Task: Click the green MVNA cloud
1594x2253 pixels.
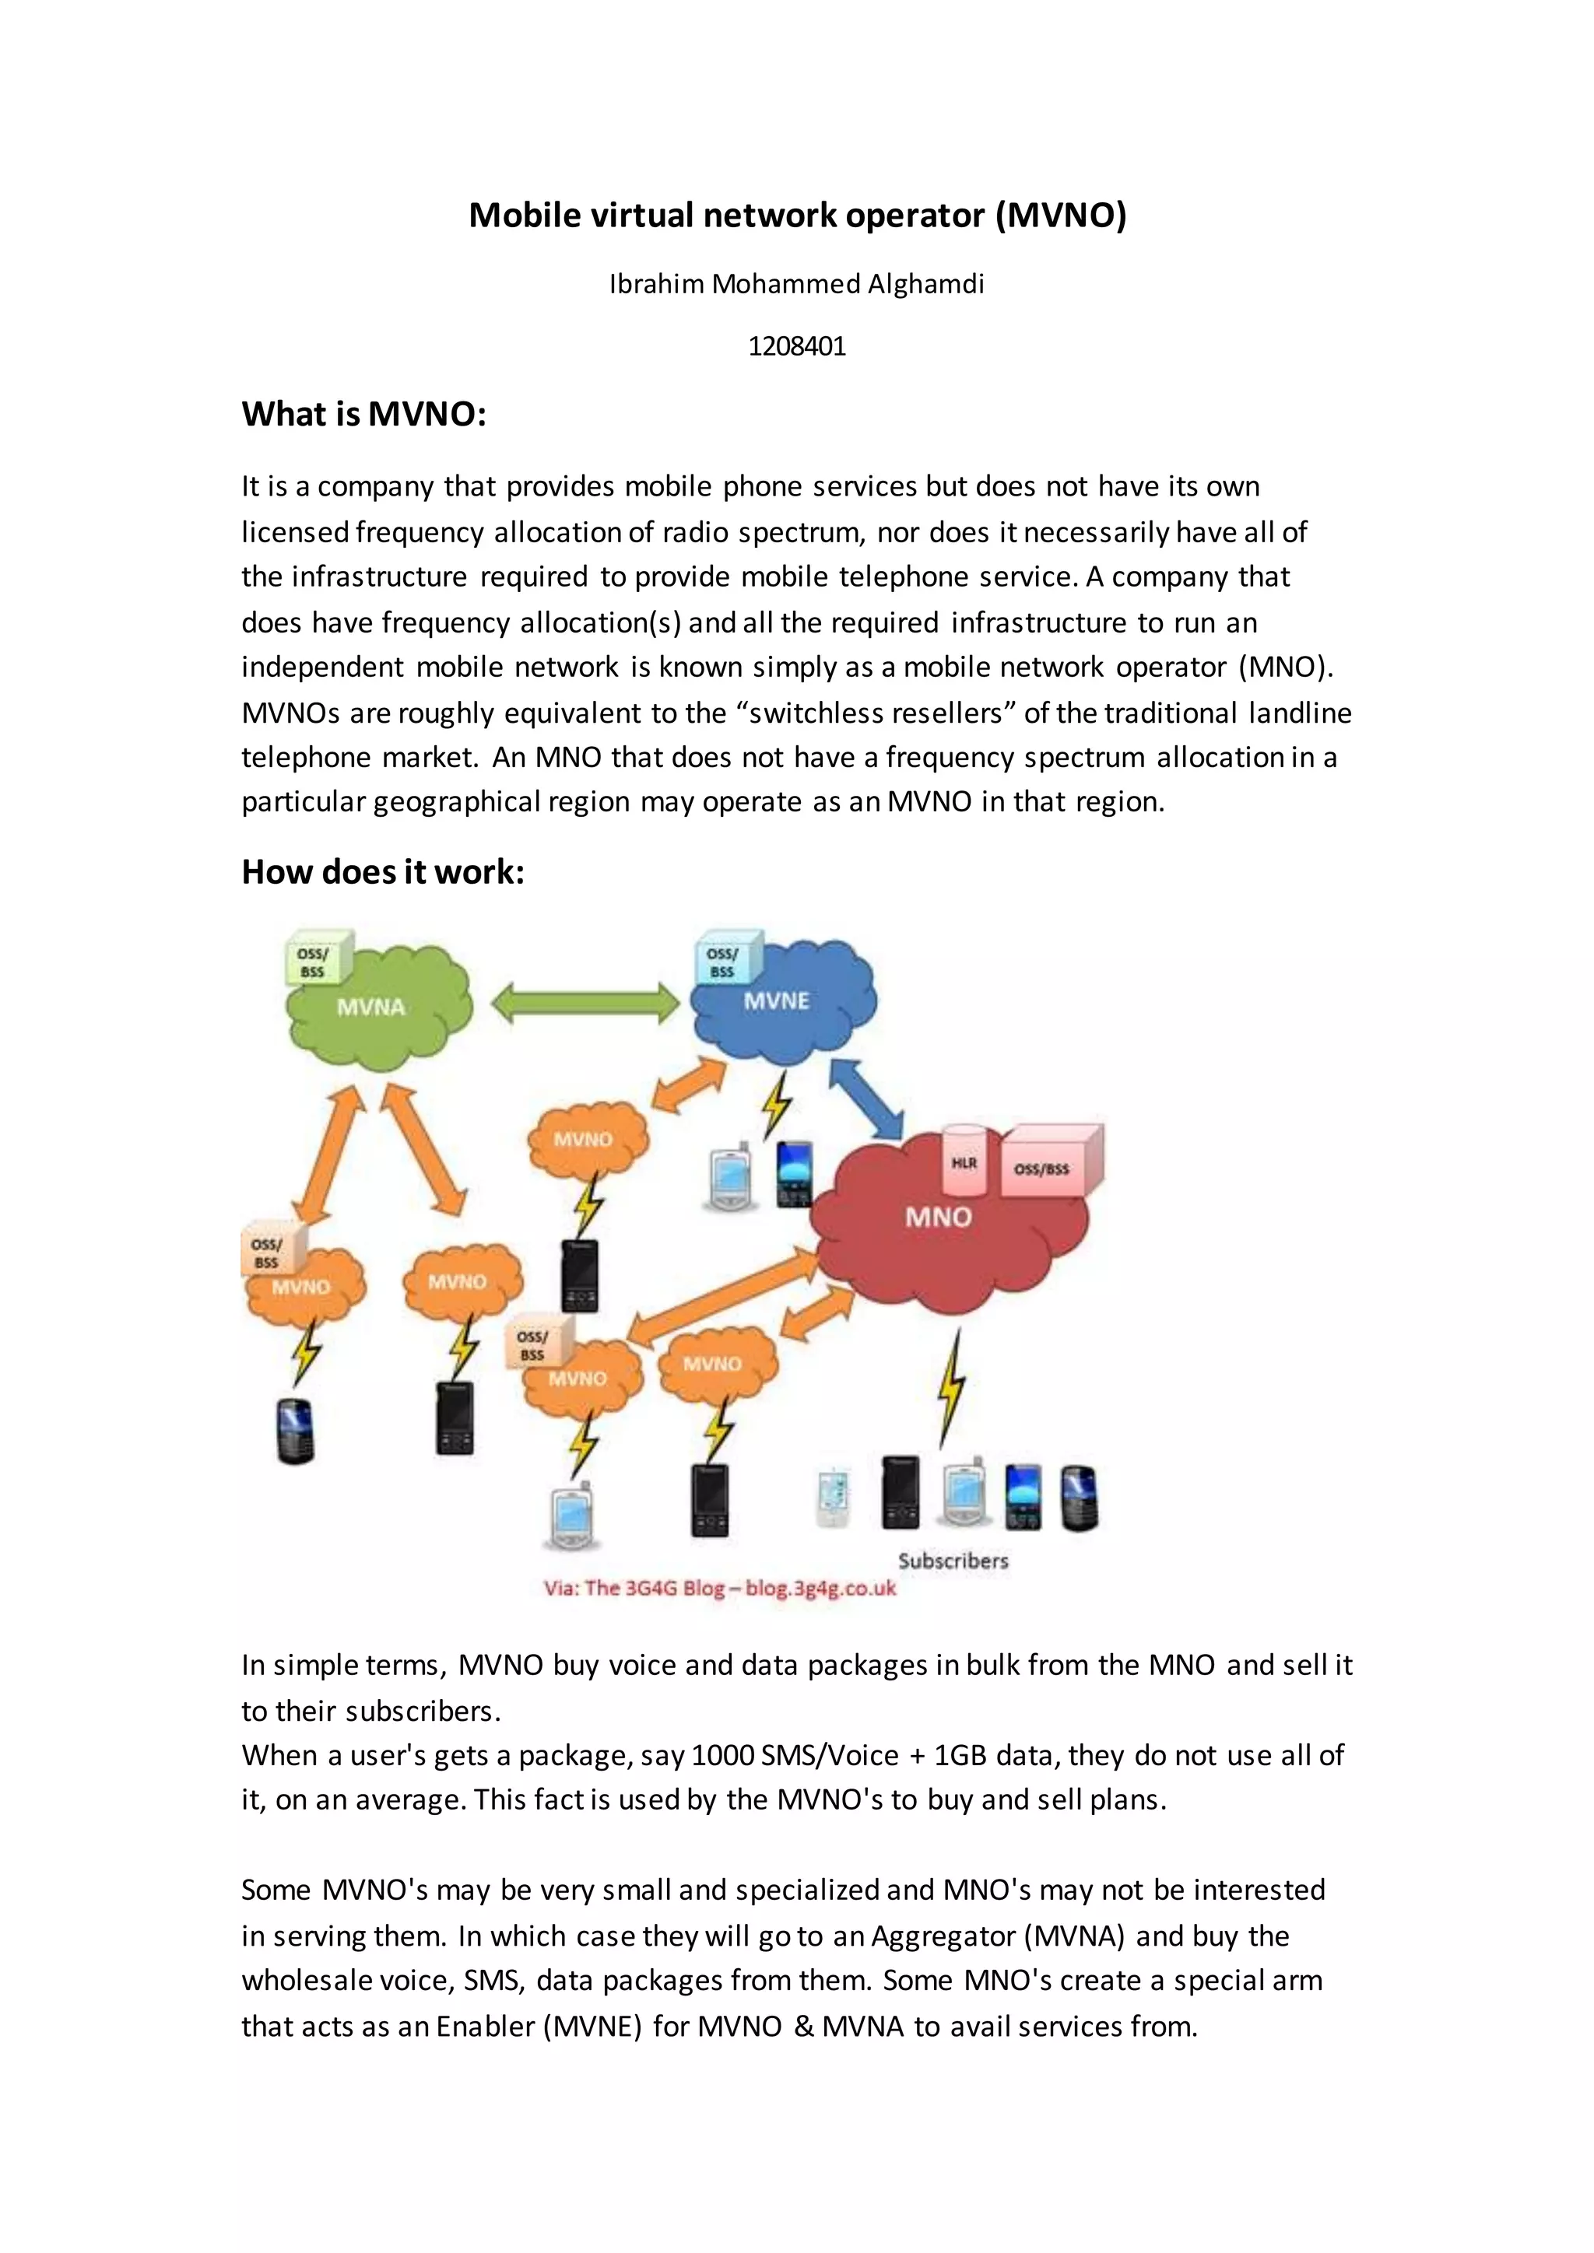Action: [x=378, y=1011]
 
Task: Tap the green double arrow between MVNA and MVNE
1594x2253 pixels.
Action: [x=585, y=1003]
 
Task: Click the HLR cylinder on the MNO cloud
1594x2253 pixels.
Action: [x=964, y=1161]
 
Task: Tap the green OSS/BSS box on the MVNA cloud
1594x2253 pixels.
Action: [x=314, y=961]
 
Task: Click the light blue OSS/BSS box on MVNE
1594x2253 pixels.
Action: [x=723, y=961]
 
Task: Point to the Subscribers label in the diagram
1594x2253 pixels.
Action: [x=952, y=1561]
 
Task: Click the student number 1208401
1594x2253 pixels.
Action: [x=796, y=346]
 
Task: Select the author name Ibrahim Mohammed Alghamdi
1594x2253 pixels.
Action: [x=796, y=285]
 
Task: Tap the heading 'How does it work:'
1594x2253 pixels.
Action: [x=383, y=871]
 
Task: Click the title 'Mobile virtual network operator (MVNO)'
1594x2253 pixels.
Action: [x=797, y=215]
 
